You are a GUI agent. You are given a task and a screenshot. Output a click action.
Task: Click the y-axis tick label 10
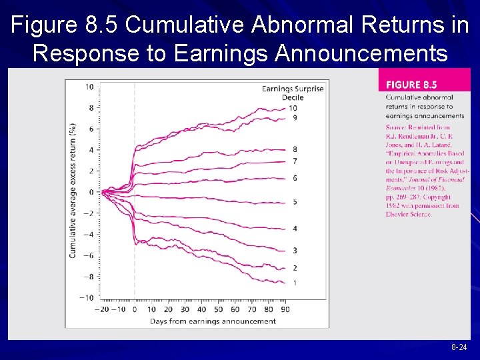pyautogui.click(x=89, y=87)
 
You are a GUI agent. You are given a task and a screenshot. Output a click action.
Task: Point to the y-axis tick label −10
pyautogui.click(x=87, y=297)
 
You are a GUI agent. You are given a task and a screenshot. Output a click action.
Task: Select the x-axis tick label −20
pyautogui.click(x=101, y=309)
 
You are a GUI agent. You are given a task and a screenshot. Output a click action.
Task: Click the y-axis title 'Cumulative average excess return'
pyautogui.click(x=73, y=190)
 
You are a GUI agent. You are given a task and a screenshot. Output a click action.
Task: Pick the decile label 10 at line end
pyautogui.click(x=293, y=108)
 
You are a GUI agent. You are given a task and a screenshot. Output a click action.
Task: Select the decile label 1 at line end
pyautogui.click(x=294, y=283)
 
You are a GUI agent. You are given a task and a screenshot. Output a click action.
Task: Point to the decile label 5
pyautogui.click(x=294, y=201)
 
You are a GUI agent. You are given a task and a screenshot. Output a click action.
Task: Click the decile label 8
pyautogui.click(x=294, y=149)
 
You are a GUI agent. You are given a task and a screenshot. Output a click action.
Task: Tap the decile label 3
pyautogui.click(x=294, y=250)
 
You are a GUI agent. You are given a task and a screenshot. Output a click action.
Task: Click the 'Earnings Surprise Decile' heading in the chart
pyautogui.click(x=293, y=93)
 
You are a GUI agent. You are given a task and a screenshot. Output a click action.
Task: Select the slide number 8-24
pyautogui.click(x=459, y=348)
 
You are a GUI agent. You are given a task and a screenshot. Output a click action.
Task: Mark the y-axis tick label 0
pyautogui.click(x=91, y=192)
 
